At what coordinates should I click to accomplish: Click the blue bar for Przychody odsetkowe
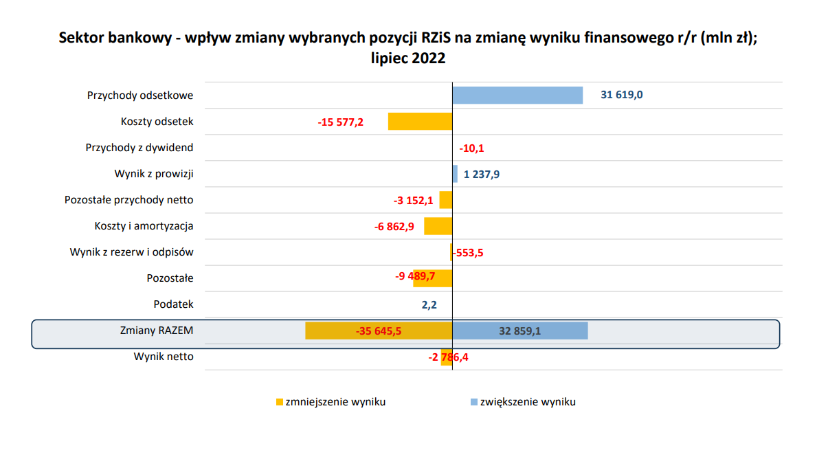[x=517, y=95]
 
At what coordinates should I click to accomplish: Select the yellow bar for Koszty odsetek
[x=420, y=122]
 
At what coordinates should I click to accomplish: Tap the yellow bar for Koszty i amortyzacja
[x=438, y=226]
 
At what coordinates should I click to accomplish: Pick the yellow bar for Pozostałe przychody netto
[x=445, y=200]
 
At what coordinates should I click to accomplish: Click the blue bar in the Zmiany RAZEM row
[x=519, y=331]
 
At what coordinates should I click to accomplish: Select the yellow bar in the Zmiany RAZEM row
[x=378, y=331]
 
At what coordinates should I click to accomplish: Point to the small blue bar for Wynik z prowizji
[x=455, y=174]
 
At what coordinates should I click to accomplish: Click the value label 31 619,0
[x=621, y=95]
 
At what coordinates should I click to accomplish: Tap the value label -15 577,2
[x=340, y=122]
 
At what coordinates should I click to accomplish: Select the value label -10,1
[x=471, y=148]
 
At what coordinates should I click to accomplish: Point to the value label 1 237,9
[x=482, y=175]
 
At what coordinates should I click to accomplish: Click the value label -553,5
[x=468, y=253]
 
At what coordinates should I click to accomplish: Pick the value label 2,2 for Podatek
[x=429, y=304]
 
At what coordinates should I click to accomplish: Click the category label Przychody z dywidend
[x=139, y=148]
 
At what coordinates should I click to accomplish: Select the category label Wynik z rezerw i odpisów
[x=132, y=252]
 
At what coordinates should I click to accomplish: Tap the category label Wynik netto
[x=164, y=357]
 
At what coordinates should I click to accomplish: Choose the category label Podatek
[x=174, y=304]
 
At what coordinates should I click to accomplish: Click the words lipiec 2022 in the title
[x=408, y=58]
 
